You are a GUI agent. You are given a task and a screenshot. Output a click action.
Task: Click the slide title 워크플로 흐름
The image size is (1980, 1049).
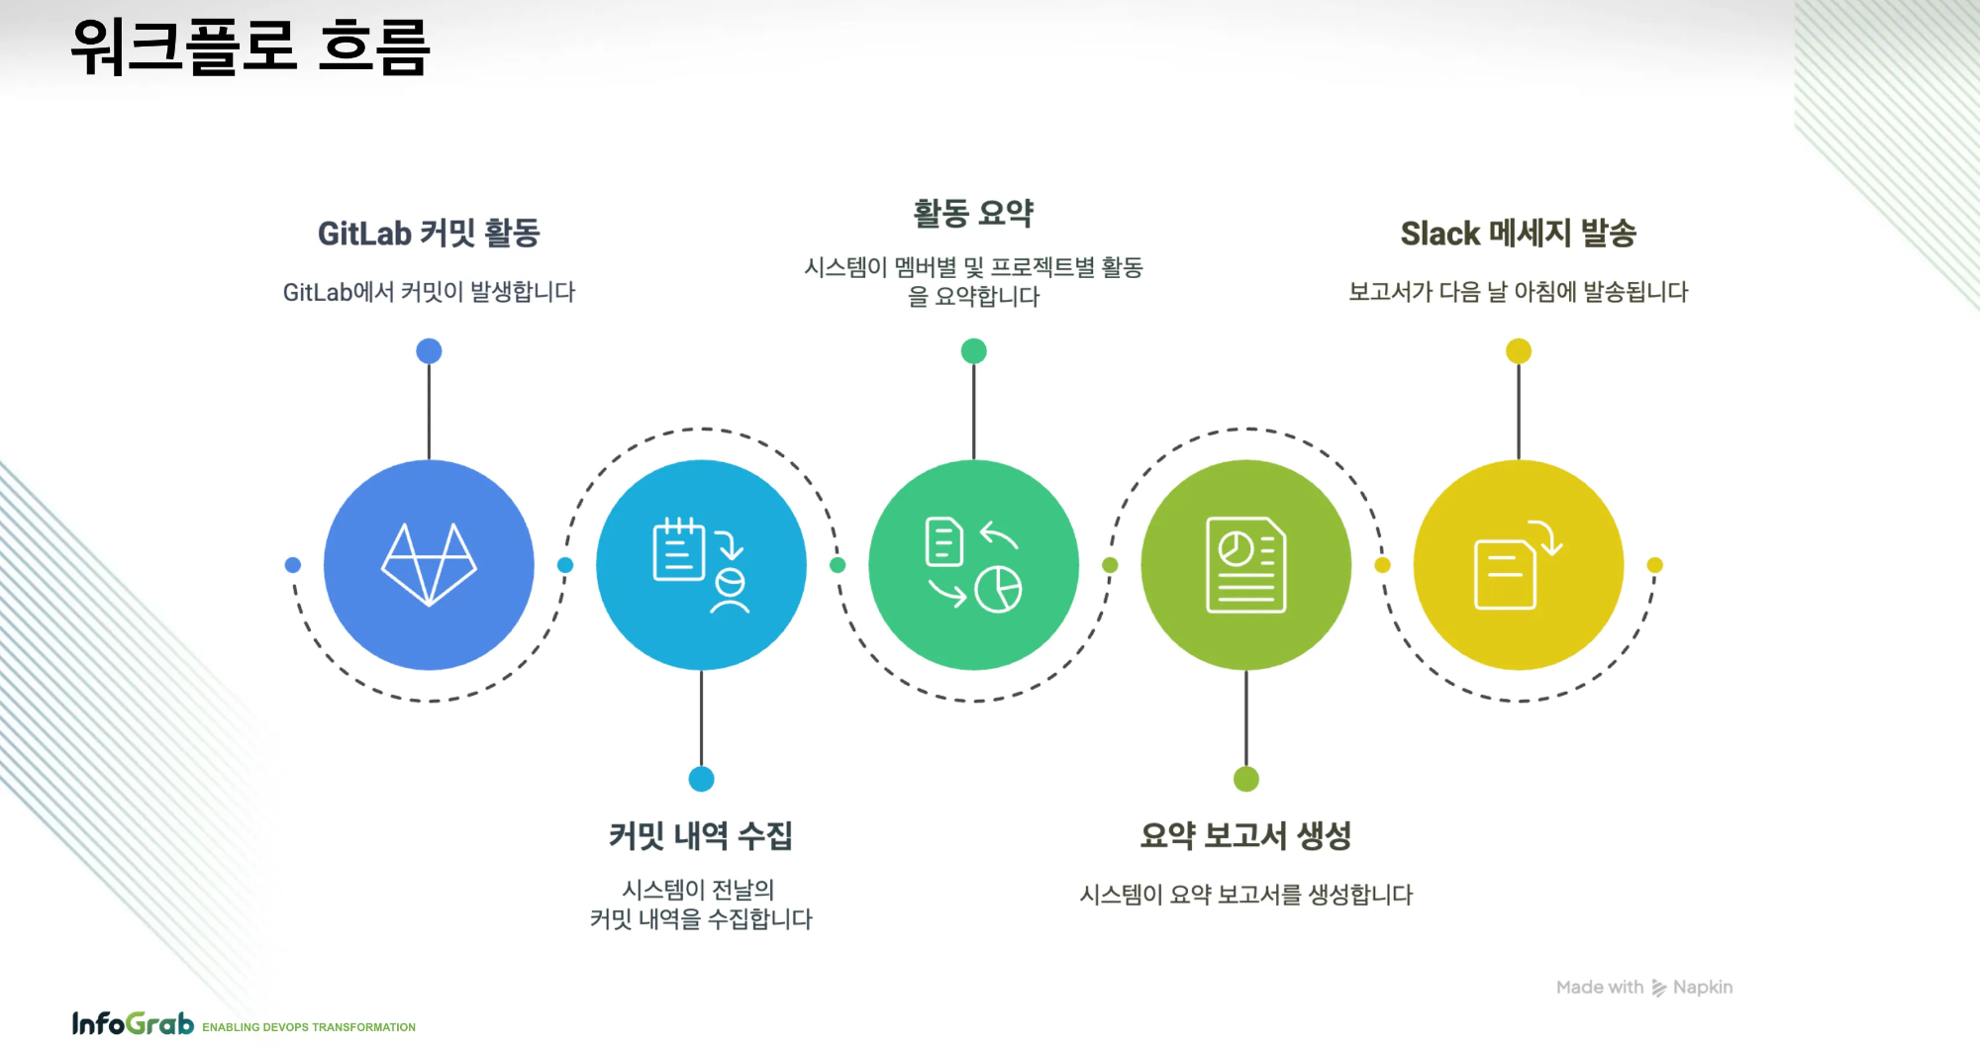pos(250,47)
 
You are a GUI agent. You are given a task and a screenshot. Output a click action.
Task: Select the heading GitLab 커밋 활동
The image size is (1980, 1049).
pos(429,234)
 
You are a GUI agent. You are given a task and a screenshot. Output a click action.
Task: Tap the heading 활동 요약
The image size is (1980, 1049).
pos(973,213)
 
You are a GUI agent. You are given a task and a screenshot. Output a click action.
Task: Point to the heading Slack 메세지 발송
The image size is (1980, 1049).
pos(1518,234)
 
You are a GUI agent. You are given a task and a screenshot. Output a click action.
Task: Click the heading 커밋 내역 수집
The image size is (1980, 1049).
pos(701,835)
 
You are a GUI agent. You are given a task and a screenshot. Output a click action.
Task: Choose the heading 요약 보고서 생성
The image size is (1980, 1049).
pos(1245,835)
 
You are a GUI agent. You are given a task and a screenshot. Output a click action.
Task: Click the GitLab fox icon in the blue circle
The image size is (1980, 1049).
pos(429,564)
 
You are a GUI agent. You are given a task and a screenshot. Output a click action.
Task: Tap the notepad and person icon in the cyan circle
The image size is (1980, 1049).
pos(701,564)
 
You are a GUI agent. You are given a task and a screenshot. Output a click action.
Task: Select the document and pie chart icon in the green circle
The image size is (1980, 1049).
pos(973,564)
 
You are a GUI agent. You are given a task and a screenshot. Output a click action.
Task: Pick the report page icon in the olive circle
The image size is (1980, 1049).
pos(1245,564)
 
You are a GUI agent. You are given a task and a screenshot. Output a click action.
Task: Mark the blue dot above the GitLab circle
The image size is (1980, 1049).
pos(429,351)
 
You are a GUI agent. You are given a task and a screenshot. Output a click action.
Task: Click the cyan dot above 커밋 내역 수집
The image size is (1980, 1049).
pos(701,779)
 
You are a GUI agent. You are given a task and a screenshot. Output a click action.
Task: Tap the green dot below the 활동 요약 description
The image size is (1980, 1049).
pos(973,351)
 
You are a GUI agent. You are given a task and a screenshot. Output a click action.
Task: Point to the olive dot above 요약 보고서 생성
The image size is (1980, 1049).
pos(1245,779)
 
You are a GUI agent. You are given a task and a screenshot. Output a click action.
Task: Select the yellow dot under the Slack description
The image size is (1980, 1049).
pos(1518,351)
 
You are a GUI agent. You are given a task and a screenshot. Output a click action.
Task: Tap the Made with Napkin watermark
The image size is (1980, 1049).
pos(1643,987)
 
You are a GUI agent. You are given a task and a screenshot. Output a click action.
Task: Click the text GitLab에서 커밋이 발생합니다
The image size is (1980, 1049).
pos(429,292)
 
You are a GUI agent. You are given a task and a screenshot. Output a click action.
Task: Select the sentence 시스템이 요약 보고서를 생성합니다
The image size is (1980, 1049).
pos(1245,895)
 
